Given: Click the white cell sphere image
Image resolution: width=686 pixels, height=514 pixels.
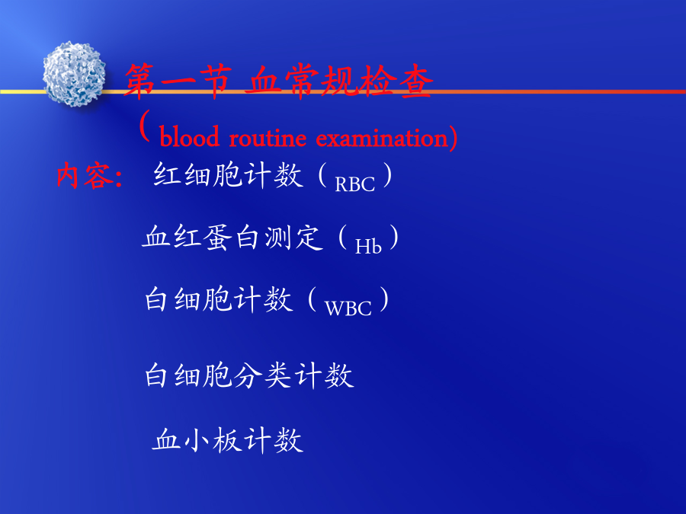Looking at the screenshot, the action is click(x=74, y=75).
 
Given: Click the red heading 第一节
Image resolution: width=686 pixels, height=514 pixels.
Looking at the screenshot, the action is click(x=178, y=81).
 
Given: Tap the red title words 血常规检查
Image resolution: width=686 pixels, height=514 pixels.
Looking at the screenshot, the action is click(x=338, y=81).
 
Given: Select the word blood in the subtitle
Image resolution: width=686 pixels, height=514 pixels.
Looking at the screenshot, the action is click(x=189, y=137).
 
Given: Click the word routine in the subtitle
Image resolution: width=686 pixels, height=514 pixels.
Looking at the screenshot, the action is click(x=268, y=138).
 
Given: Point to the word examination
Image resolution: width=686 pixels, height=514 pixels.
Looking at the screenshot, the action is click(x=382, y=138).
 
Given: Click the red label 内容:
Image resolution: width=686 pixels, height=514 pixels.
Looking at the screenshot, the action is click(x=90, y=176).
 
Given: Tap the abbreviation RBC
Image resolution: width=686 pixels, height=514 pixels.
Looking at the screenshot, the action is click(x=354, y=184).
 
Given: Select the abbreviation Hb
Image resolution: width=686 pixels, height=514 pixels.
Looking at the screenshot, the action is click(x=368, y=247).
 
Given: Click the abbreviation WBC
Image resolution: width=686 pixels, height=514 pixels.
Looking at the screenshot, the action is click(x=348, y=308).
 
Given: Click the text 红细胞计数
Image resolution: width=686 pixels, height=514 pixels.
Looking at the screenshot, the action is click(x=228, y=175).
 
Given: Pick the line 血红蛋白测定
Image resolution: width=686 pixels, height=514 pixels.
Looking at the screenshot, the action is click(x=232, y=238).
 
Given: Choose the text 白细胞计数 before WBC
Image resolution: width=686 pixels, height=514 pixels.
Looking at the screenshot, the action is click(x=219, y=299).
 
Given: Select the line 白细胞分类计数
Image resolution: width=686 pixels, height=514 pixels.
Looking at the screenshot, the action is click(x=249, y=375).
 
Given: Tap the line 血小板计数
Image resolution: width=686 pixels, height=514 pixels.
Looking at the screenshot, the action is click(x=227, y=439).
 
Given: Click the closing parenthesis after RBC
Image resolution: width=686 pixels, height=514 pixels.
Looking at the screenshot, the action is click(x=387, y=175).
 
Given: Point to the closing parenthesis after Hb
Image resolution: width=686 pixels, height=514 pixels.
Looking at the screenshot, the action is click(x=394, y=238).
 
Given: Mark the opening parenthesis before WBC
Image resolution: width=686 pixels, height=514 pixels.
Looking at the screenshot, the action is click(x=313, y=299).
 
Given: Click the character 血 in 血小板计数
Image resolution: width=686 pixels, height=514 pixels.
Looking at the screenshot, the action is click(x=166, y=439).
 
